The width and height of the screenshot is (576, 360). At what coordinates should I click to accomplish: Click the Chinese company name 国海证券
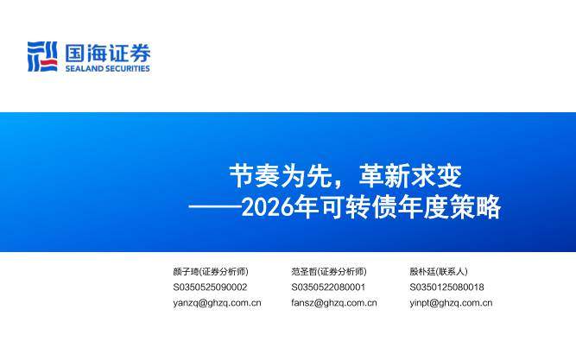click(x=108, y=51)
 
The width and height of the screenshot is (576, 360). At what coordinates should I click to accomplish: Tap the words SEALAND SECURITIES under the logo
click(x=108, y=69)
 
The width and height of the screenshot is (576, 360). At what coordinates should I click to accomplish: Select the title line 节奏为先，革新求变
click(x=345, y=176)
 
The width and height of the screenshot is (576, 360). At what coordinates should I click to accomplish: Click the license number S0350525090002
click(x=210, y=287)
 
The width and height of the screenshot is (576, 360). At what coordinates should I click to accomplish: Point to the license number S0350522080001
click(x=328, y=287)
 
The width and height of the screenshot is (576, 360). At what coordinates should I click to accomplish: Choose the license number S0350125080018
click(x=446, y=287)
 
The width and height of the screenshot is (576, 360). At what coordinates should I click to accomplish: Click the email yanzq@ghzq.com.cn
click(x=217, y=303)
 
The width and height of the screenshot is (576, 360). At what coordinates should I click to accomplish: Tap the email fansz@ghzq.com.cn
click(x=334, y=303)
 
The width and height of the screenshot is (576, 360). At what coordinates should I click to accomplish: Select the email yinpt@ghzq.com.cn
click(x=451, y=303)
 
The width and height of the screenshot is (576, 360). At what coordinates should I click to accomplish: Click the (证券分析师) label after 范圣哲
click(x=343, y=271)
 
